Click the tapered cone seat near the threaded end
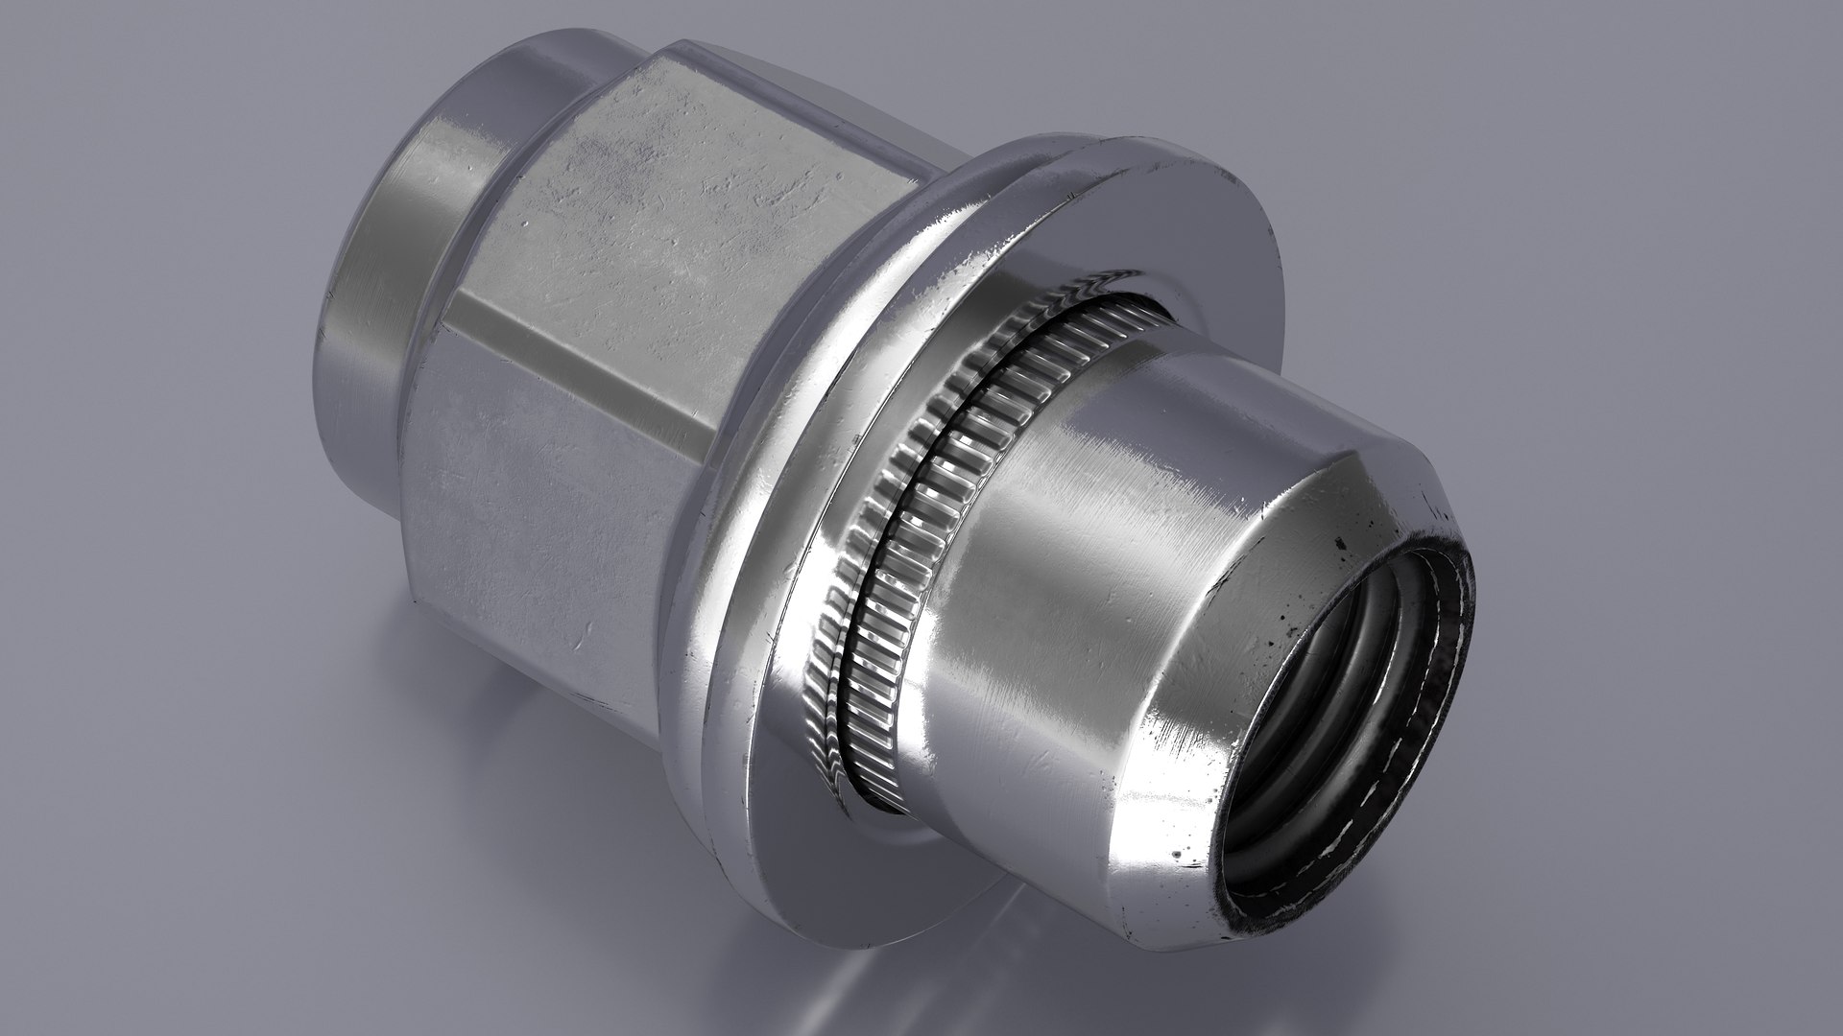point(1277,537)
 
